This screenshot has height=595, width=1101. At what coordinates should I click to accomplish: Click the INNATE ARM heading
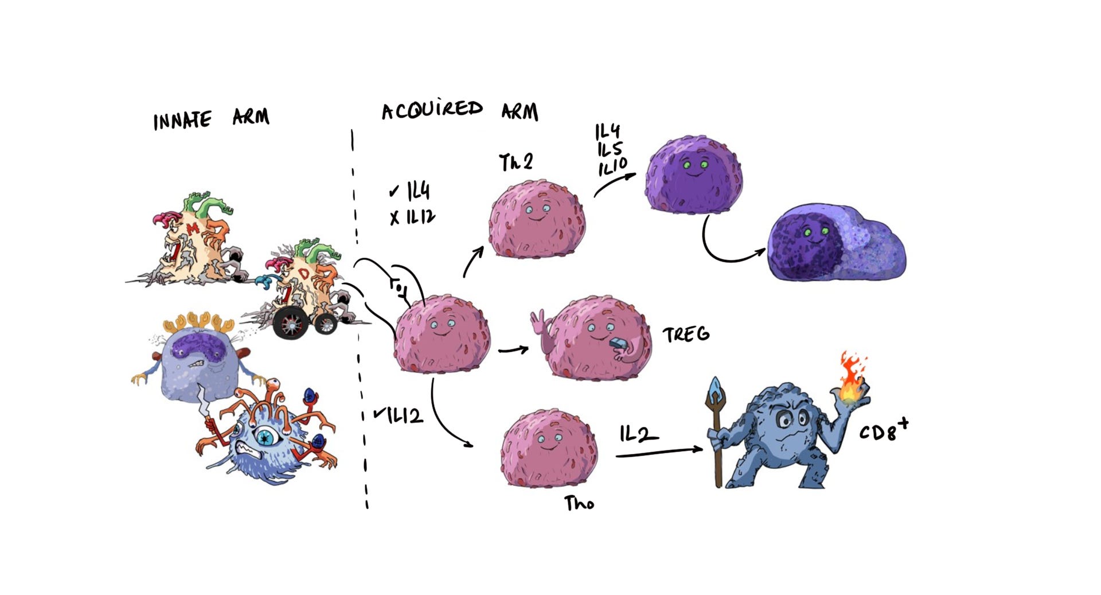coord(210,119)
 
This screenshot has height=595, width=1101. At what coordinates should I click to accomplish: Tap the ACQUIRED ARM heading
coord(460,110)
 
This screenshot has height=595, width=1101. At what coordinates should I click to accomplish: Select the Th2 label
coord(516,162)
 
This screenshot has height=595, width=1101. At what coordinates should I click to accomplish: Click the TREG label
coord(686,335)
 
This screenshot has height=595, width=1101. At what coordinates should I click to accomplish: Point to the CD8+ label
coord(883,430)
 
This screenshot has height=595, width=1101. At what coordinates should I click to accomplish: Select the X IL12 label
coord(412,217)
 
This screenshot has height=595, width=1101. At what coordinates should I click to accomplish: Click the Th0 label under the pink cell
coord(579,504)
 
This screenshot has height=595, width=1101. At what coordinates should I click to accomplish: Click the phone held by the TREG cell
coord(619,344)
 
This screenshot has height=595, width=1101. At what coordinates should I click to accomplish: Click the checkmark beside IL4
coord(394,191)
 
